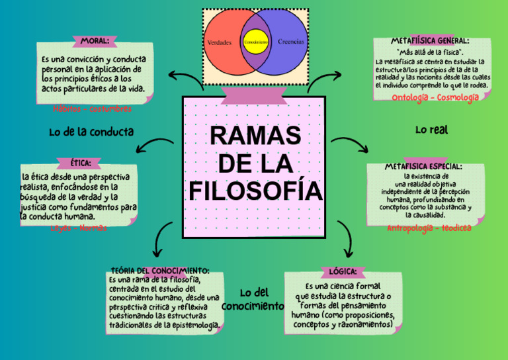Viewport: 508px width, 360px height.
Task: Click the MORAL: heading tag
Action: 95,41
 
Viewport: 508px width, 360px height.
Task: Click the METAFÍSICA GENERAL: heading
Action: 430,41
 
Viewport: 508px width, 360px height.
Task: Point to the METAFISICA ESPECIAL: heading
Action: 423,167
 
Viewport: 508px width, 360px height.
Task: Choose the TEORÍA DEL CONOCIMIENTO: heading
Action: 161,271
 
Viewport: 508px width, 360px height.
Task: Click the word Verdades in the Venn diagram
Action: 219,42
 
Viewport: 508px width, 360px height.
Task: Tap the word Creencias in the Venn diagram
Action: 291,42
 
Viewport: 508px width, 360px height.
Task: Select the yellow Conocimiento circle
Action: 255,42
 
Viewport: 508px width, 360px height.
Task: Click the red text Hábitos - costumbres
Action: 93,109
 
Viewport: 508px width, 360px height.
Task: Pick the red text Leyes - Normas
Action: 79,228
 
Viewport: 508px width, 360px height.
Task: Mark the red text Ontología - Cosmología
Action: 435,98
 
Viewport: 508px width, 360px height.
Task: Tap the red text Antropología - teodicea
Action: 429,228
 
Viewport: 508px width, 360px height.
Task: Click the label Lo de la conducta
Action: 91,132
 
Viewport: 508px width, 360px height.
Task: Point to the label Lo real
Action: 431,130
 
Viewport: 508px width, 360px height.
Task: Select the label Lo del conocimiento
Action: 253,300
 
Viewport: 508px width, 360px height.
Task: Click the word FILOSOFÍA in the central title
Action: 255,191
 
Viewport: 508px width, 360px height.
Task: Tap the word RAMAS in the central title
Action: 255,136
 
